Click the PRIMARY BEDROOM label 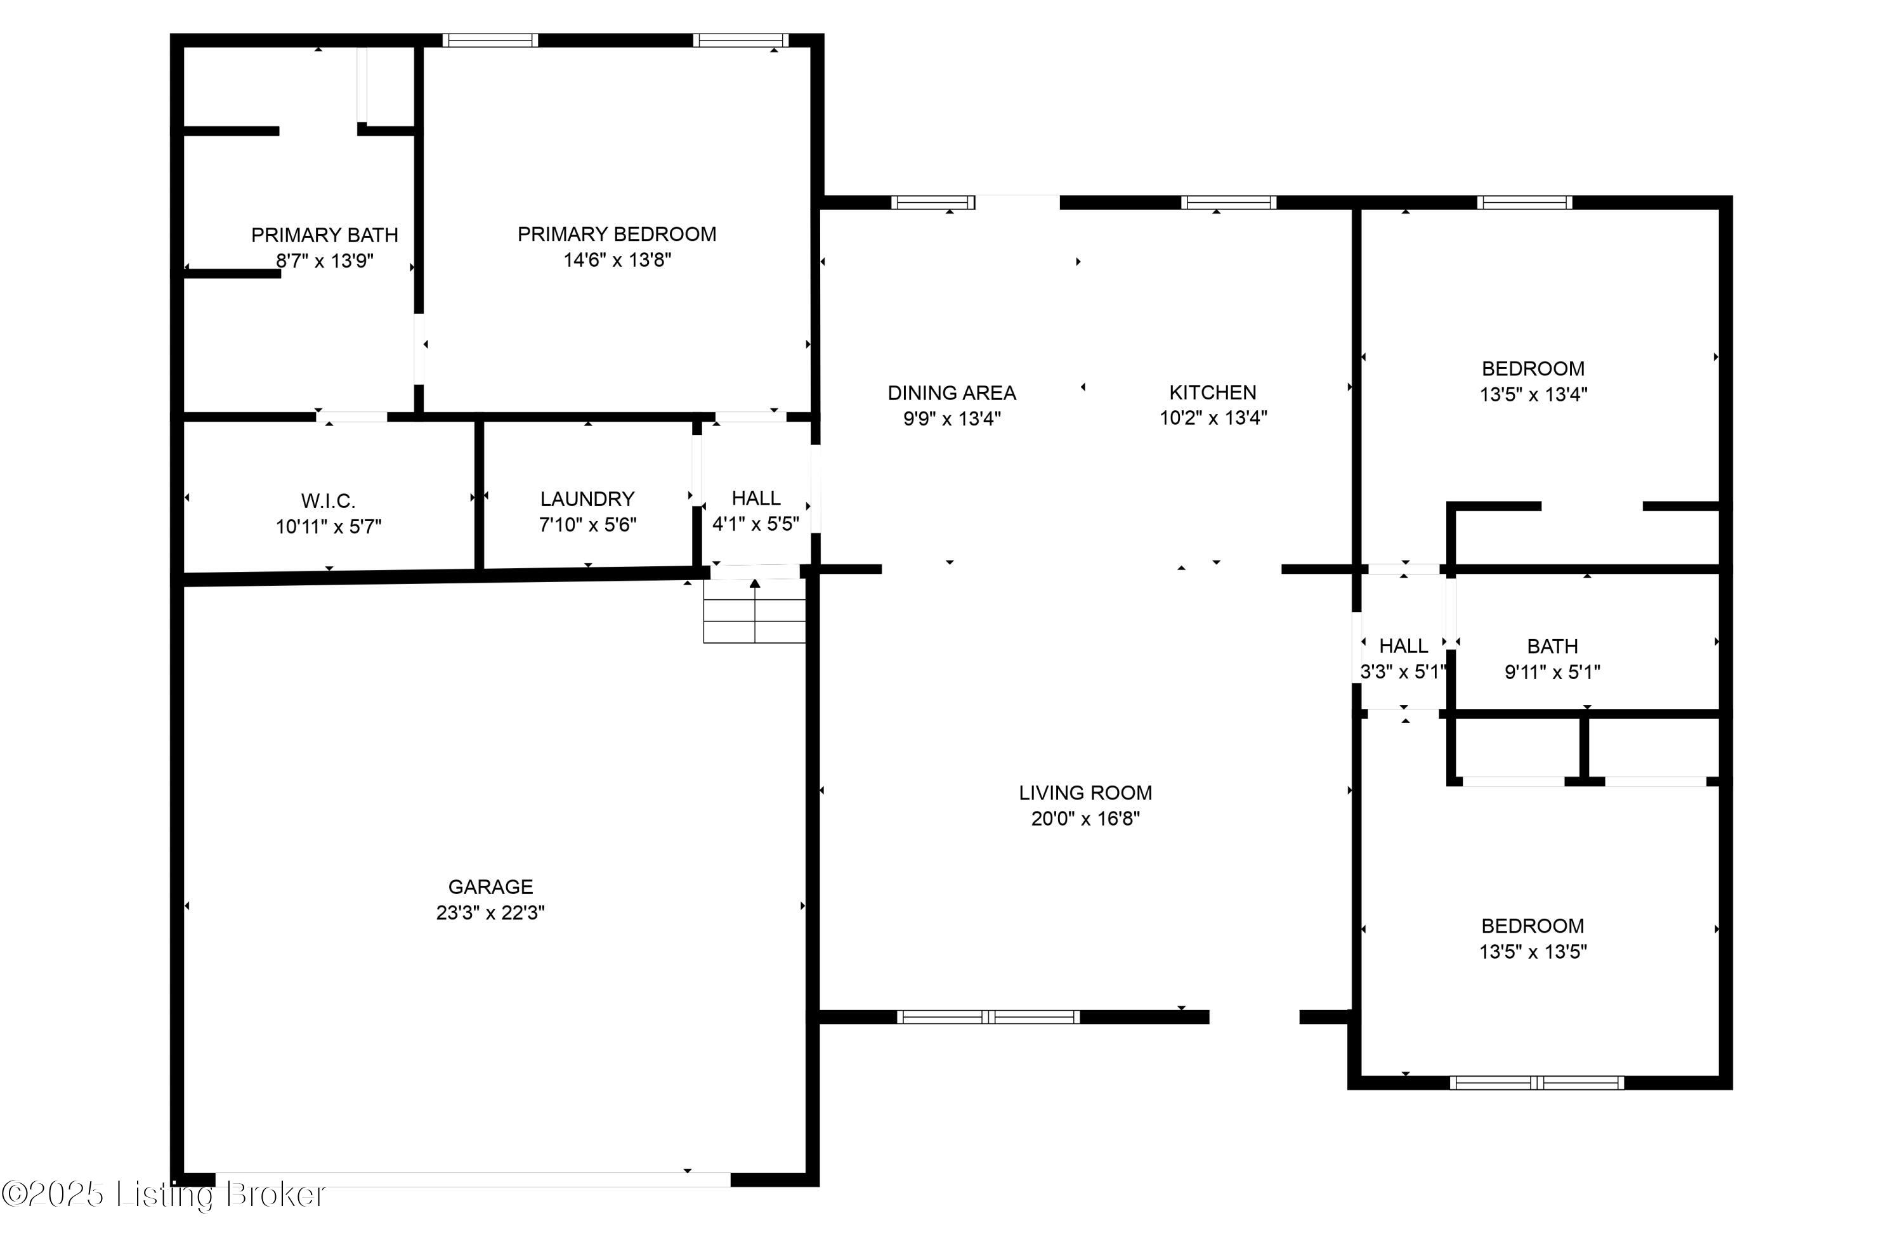point(617,234)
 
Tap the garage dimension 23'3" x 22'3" point(490,912)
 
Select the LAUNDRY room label point(587,499)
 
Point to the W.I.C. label point(328,501)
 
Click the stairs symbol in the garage point(754,611)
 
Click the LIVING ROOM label point(1085,793)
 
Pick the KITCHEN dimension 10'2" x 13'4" point(1213,418)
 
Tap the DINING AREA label point(951,393)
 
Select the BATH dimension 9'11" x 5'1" point(1552,672)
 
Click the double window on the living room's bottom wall point(988,1017)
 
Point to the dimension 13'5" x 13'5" point(1533,951)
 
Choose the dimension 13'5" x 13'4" point(1533,394)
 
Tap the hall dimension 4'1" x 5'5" point(755,524)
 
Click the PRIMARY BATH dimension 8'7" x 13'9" point(325,261)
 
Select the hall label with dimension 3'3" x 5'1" point(1403,646)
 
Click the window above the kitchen point(1228,202)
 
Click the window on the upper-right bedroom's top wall point(1524,202)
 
